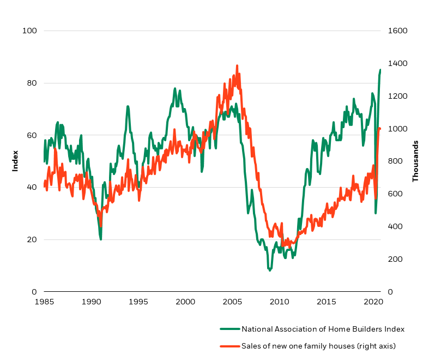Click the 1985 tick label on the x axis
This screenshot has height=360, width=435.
click(x=44, y=302)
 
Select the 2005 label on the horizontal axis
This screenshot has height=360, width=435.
click(x=232, y=302)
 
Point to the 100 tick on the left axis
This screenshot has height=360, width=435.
click(x=29, y=31)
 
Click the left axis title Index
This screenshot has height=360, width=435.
click(x=15, y=161)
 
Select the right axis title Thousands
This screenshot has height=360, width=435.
click(x=415, y=161)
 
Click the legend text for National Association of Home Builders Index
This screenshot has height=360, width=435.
click(x=323, y=329)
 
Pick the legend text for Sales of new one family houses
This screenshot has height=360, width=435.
click(x=318, y=345)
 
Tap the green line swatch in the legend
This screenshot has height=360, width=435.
click(x=229, y=329)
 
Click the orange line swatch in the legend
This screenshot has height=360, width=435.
click(x=229, y=345)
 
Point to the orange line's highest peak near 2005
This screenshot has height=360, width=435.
click(x=237, y=65)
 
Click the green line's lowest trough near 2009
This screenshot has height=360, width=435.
click(x=269, y=270)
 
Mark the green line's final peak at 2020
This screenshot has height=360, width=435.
click(x=380, y=70)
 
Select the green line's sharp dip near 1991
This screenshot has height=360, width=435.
click(x=100, y=239)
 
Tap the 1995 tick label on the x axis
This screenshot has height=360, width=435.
click(x=138, y=302)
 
